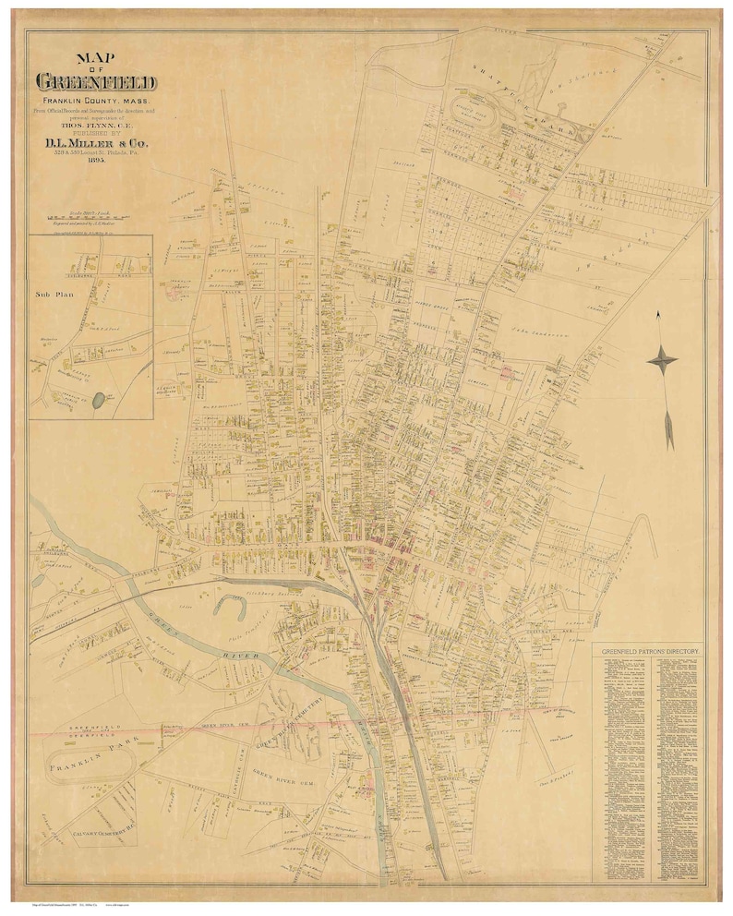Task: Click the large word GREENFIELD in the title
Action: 96,82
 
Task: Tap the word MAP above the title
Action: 96,54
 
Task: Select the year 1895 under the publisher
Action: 96,160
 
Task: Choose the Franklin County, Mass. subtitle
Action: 96,100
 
